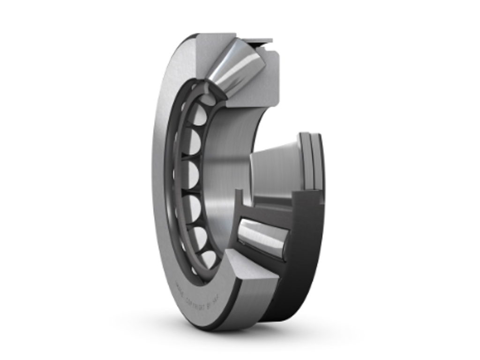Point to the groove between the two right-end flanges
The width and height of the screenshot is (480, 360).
tap(311, 159)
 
